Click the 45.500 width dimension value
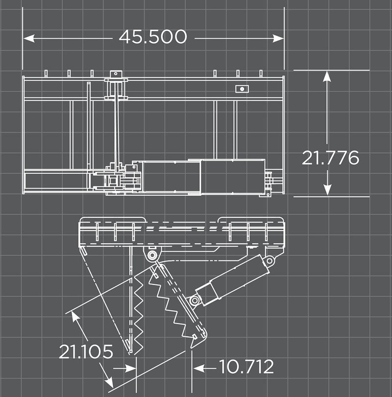pos(152,37)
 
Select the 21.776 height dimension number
pos(330,158)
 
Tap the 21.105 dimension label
pos(86,351)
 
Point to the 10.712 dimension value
pos(246,367)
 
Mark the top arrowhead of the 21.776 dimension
pos(328,76)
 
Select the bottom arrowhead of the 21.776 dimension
pos(328,190)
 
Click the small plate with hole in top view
pos(241,89)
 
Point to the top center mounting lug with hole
pos(116,74)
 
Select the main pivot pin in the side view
pos(152,256)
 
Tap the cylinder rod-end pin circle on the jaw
pos(195,300)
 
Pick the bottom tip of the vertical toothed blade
pos(130,352)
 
